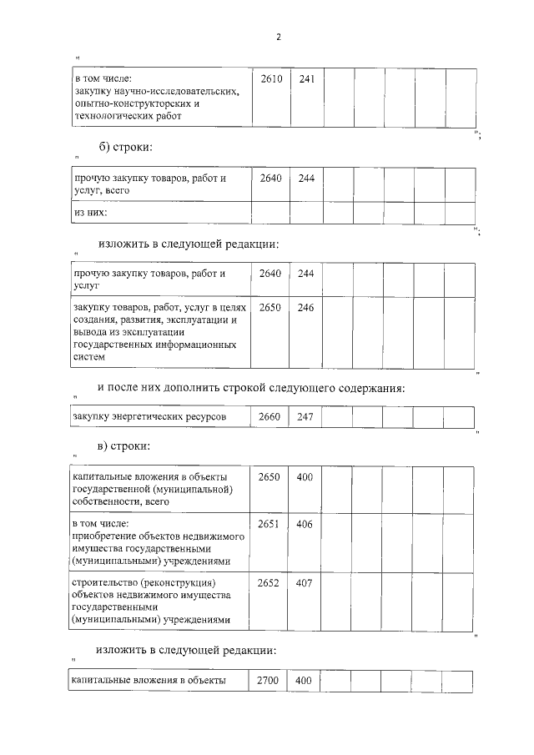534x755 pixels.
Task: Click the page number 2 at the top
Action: point(278,38)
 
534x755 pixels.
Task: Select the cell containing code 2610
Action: point(270,79)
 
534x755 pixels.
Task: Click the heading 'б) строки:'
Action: point(125,148)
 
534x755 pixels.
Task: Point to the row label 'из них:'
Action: point(92,213)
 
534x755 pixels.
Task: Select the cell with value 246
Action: point(305,307)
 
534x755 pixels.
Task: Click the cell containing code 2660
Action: point(270,416)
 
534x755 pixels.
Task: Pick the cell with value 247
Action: point(305,416)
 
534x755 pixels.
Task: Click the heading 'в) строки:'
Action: point(124,446)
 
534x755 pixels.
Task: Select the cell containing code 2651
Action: point(270,523)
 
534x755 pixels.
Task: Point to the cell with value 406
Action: point(305,523)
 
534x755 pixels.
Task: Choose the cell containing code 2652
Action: point(270,582)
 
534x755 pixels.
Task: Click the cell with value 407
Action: point(305,582)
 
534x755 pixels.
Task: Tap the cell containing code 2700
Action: point(270,680)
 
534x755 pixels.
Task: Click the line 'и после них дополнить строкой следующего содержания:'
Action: point(251,387)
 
